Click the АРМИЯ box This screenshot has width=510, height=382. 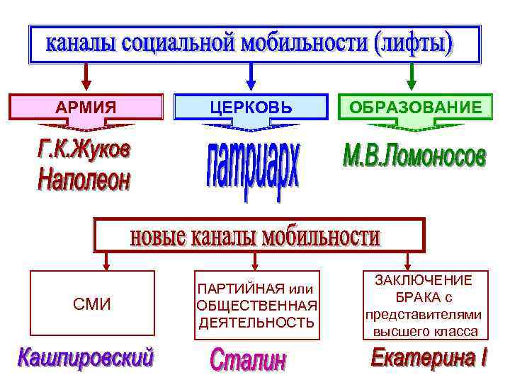pos(86,107)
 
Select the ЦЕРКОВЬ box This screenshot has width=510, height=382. pos(251,107)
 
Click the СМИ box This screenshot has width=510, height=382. pos(93,304)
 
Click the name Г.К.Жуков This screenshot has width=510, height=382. pos(83,151)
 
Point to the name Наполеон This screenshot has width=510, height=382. pos(83,180)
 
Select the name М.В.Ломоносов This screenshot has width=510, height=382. pos(414,157)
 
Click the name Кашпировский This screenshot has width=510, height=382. pos(86,357)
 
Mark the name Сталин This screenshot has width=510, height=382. pos(249,360)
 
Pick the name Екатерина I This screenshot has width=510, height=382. pos(429,358)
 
